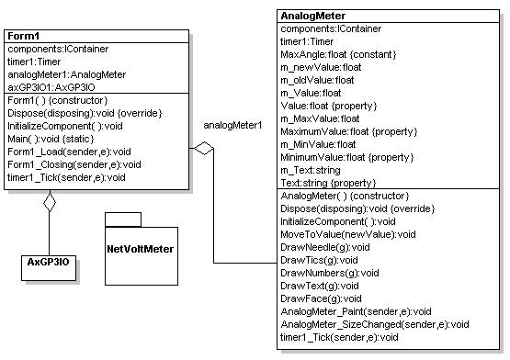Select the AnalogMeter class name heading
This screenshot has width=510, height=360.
[x=312, y=16]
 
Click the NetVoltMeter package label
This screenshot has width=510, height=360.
[x=141, y=248]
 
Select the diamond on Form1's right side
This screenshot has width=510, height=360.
[x=202, y=147]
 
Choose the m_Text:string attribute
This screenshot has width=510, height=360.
[x=310, y=170]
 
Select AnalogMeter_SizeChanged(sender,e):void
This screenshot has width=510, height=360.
[x=375, y=324]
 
